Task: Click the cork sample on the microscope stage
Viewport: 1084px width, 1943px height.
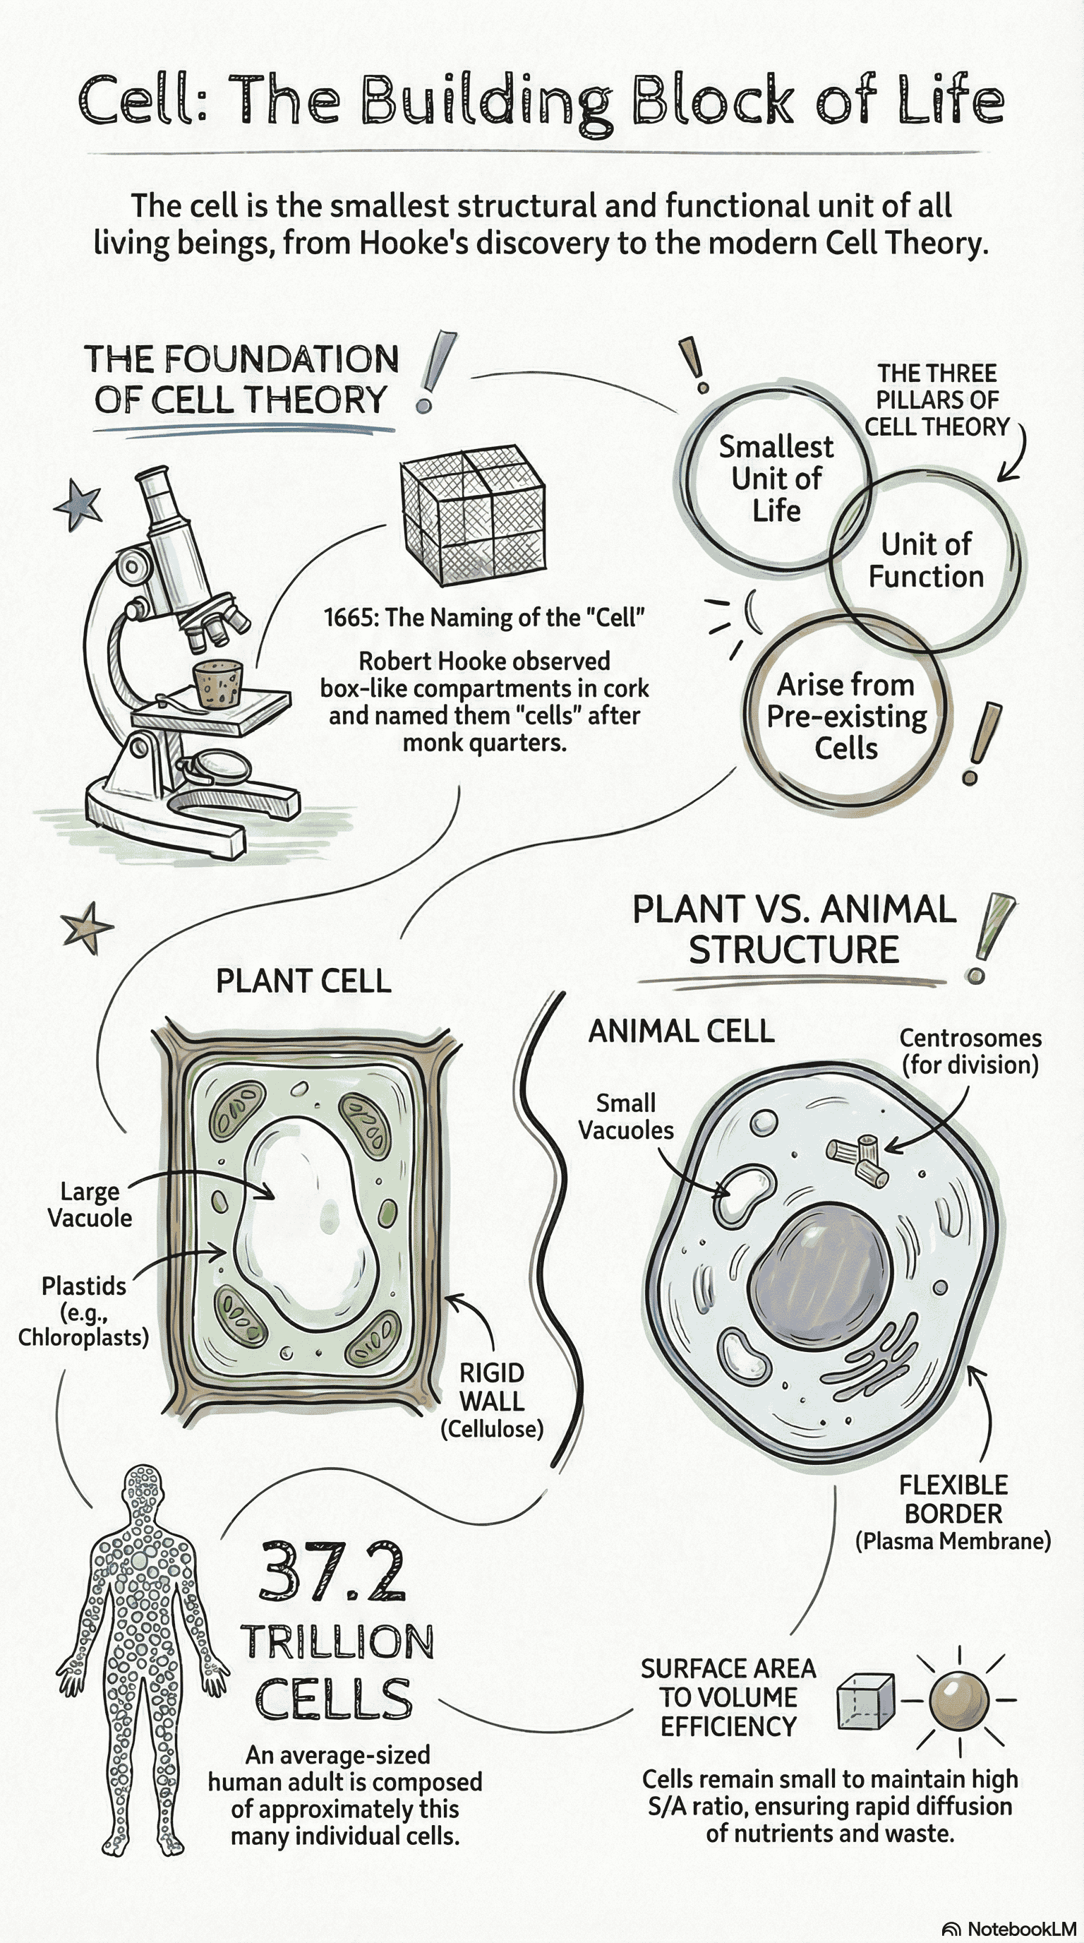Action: point(219,683)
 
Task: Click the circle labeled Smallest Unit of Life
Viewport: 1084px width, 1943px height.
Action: point(775,478)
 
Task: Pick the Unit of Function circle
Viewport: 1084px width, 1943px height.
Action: point(926,560)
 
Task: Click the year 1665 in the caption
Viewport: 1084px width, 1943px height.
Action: point(350,618)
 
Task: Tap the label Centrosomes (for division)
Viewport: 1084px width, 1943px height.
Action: point(970,1051)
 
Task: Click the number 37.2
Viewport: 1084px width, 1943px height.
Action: point(332,1572)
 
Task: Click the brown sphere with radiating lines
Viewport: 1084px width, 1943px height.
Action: point(958,1701)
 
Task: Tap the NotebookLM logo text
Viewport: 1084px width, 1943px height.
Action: point(1020,1929)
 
